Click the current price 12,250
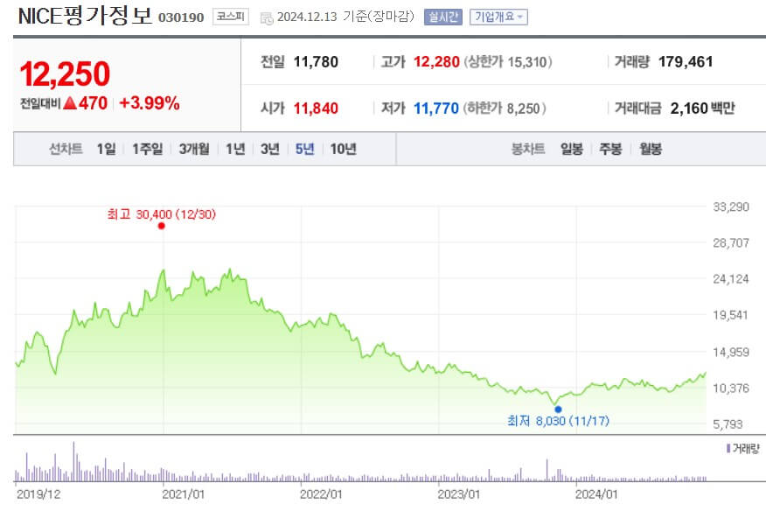click(66, 74)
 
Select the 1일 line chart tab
click(106, 149)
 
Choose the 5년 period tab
click(304, 149)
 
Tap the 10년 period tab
click(343, 149)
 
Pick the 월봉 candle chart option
click(650, 149)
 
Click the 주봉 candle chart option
click(610, 149)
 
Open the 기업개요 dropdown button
click(498, 17)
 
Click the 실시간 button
click(443, 17)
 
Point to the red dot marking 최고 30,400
click(162, 226)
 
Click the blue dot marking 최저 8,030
click(558, 409)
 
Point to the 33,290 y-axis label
click(732, 207)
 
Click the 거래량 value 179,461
click(686, 62)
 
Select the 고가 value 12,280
click(436, 62)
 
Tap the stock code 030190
click(181, 17)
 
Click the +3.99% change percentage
click(150, 103)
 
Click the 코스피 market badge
click(230, 17)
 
